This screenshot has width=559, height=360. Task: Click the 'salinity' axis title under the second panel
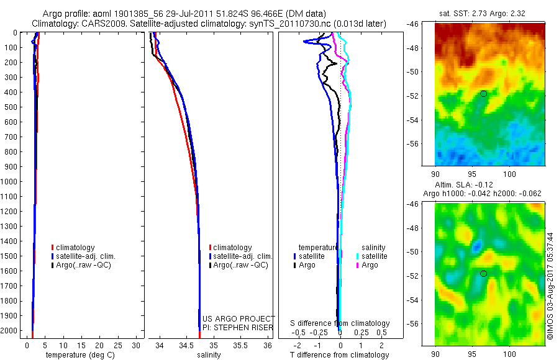209,355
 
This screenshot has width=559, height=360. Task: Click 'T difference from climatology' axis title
340,355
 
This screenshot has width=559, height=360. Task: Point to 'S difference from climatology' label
340,323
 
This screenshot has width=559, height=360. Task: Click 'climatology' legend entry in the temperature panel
76,248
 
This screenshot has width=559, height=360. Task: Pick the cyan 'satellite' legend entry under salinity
375,256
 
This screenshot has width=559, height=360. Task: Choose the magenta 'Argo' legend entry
370,265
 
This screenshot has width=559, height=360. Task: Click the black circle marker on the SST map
483,93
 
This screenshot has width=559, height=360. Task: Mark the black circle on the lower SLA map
483,273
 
